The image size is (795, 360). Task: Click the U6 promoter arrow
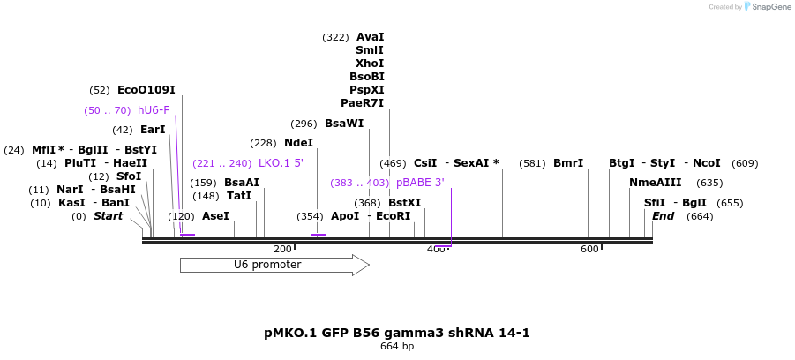click(x=274, y=265)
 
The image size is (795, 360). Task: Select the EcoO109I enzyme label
click(x=146, y=90)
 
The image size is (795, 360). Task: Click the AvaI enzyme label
click(x=371, y=37)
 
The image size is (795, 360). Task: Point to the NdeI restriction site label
click(x=298, y=143)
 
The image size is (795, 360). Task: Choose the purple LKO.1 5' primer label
click(x=281, y=163)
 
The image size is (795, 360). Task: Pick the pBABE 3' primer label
click(x=420, y=183)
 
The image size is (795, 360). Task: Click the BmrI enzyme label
click(x=568, y=163)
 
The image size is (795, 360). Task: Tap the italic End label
click(x=664, y=216)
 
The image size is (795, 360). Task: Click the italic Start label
click(x=108, y=216)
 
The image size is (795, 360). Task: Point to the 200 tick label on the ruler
click(x=282, y=250)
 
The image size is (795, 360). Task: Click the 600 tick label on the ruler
click(x=589, y=250)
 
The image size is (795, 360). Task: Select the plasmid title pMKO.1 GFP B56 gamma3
click(x=397, y=333)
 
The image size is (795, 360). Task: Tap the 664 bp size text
click(x=397, y=346)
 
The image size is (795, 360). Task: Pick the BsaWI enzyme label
click(x=344, y=124)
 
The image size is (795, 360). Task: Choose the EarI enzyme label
click(x=153, y=130)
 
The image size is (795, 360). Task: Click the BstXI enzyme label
click(x=404, y=203)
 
